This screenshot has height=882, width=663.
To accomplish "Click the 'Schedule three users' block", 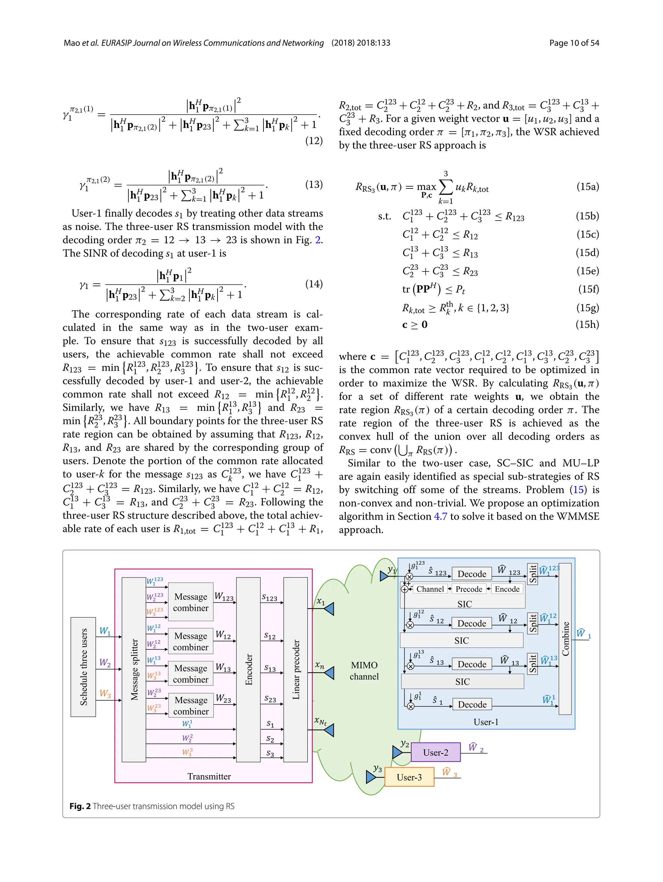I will pyautogui.click(x=83, y=667).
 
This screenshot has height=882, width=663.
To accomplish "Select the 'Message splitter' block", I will pyautogui.click(x=134, y=670).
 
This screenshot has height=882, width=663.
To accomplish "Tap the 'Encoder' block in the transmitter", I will pyautogui.click(x=248, y=670).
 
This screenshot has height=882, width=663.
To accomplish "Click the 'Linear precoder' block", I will pyautogui.click(x=296, y=670).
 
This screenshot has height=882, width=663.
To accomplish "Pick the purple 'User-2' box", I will pyautogui.click(x=435, y=752).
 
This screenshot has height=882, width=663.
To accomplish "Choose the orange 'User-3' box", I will pyautogui.click(x=409, y=777).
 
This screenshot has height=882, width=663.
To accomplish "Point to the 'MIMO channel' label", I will pyautogui.click(x=364, y=671).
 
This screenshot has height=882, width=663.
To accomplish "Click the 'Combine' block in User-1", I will pyautogui.click(x=565, y=639).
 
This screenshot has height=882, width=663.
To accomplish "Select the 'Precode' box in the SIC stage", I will pyautogui.click(x=469, y=589).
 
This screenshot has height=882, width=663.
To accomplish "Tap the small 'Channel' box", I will pyautogui.click(x=430, y=589).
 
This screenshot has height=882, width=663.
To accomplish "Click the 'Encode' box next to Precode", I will pyautogui.click(x=507, y=589).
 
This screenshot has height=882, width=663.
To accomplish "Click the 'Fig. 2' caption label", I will pyautogui.click(x=80, y=806).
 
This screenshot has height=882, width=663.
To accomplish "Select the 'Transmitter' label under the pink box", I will pyautogui.click(x=209, y=776).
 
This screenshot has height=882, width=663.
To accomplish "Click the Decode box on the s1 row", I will pyautogui.click(x=472, y=704).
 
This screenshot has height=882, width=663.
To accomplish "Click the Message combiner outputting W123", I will pyautogui.click(x=190, y=602).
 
